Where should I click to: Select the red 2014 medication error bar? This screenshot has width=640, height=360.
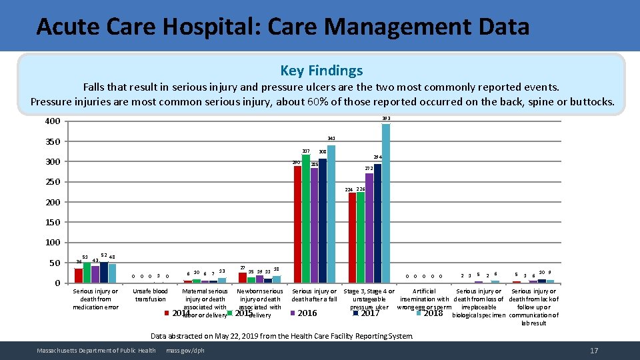point(79,275)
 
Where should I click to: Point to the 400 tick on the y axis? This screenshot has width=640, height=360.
point(52,121)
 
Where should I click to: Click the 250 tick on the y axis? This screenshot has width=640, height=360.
point(52,182)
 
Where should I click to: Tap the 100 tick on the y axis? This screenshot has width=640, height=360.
point(52,243)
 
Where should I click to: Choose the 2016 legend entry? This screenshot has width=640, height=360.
point(307,313)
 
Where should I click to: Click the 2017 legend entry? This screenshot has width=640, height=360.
point(369,313)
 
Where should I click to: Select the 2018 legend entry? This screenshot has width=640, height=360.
point(433,313)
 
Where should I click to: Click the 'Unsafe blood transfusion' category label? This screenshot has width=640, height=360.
point(151,295)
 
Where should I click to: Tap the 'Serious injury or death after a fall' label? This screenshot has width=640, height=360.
point(315,295)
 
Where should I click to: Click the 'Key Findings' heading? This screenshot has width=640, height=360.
point(321,71)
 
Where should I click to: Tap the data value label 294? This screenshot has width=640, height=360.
point(377,157)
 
